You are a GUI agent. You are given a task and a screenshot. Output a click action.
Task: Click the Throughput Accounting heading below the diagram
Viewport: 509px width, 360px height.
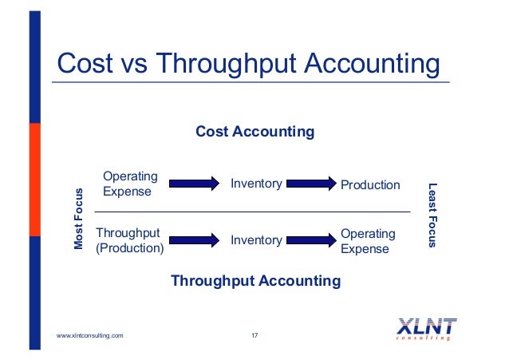click(255, 281)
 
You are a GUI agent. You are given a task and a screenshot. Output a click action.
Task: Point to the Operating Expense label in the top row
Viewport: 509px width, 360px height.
click(130, 184)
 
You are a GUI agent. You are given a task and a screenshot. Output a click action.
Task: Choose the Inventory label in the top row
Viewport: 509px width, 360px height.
click(256, 184)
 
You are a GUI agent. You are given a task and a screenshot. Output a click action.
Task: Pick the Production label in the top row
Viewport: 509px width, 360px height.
click(370, 185)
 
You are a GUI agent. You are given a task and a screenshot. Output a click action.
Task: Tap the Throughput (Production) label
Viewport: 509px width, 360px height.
click(129, 240)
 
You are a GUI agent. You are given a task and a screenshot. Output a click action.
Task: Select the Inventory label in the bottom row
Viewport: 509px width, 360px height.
click(256, 240)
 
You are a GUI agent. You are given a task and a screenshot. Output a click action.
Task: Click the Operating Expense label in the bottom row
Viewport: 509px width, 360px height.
click(368, 241)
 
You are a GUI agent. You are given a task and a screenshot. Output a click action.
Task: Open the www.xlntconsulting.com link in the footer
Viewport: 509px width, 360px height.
click(90, 335)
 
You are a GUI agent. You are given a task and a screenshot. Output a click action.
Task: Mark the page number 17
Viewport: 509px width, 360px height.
click(254, 335)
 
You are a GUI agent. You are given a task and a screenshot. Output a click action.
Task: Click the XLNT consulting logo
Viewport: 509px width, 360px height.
click(427, 329)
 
